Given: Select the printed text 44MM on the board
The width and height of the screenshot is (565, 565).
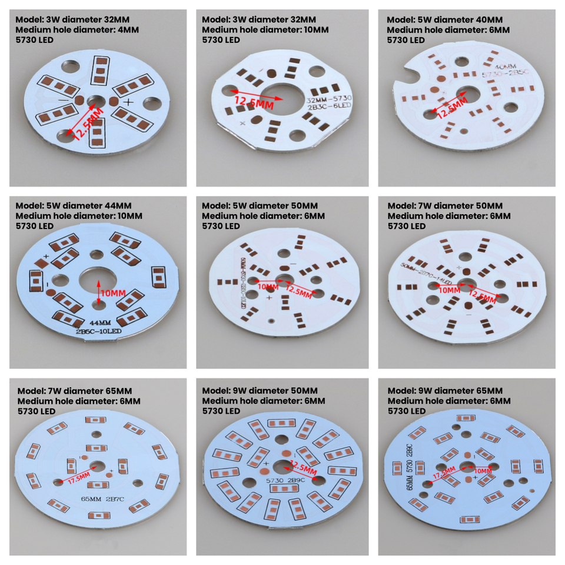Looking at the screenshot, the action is pyautogui.click(x=99, y=323).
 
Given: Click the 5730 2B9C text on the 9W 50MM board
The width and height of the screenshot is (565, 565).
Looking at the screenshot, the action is pyautogui.click(x=284, y=480).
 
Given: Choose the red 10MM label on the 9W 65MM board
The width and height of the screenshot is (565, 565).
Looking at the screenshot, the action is pyautogui.click(x=483, y=471).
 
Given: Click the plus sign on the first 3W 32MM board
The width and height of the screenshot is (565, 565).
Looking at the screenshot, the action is pyautogui.click(x=129, y=102).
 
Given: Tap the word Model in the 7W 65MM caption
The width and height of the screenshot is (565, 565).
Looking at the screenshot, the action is pyautogui.click(x=31, y=391).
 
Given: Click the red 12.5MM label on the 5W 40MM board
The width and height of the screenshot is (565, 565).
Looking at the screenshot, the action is pyautogui.click(x=451, y=106).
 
